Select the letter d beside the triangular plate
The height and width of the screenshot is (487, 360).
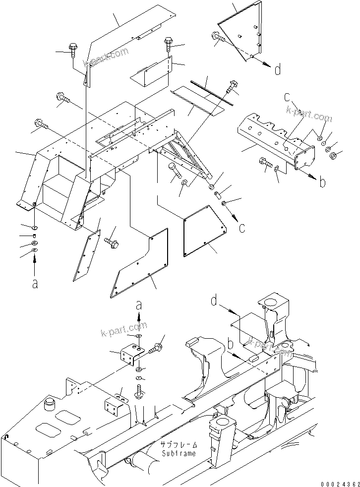[278, 70]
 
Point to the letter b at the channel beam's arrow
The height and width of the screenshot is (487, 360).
[323, 183]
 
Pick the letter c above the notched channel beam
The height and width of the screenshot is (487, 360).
[287, 98]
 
